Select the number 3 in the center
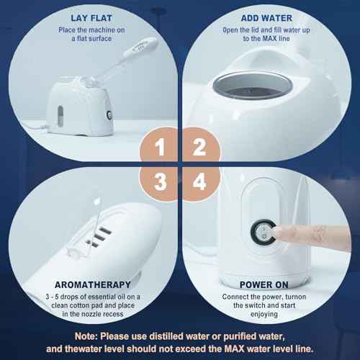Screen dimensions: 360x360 pyautogui.click(x=162, y=181)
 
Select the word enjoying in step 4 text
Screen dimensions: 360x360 pyautogui.click(x=268, y=315)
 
